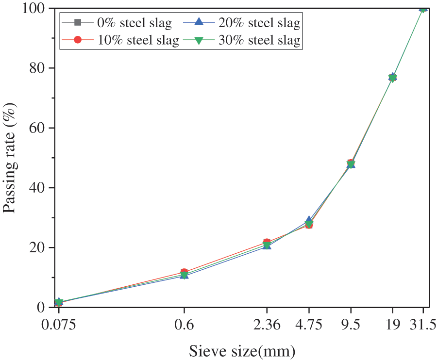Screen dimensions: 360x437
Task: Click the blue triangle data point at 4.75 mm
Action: [309, 221]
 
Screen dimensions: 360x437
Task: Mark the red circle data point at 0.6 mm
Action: [184, 272]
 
